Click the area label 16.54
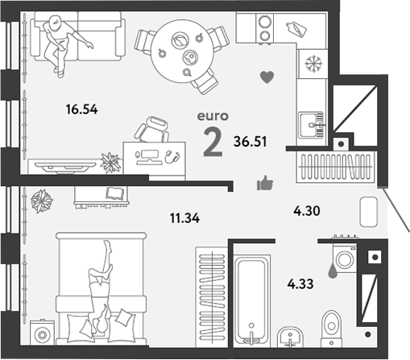[x=81, y=110]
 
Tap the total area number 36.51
[x=251, y=142]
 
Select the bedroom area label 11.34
[x=184, y=218]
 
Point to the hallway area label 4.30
[x=307, y=211]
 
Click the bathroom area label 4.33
[x=300, y=283]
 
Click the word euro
[x=213, y=116]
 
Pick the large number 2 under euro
[x=213, y=142]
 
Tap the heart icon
[x=267, y=77]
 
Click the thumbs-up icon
[x=265, y=183]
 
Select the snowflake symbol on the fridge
[x=313, y=64]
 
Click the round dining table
[x=182, y=52]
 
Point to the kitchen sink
[x=311, y=125]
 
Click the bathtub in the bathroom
[x=251, y=301]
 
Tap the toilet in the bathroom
[x=331, y=329]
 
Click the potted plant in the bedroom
[x=42, y=201]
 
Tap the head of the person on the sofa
[x=56, y=21]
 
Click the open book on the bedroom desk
[x=114, y=193]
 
